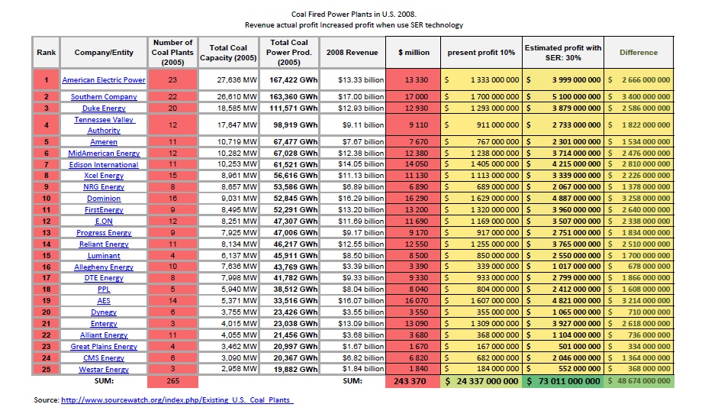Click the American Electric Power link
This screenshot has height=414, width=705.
104,79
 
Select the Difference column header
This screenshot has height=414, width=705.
639,52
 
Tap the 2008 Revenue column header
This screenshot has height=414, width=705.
352,52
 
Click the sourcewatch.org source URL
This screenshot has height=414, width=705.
177,399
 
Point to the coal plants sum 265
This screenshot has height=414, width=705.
172,380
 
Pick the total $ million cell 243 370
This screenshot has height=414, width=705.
410,381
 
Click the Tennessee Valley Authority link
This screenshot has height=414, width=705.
104,125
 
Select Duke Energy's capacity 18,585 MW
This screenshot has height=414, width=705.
237,108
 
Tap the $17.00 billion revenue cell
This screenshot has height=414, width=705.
361,96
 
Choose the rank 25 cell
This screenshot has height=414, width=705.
46,369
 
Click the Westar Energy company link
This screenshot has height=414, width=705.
104,369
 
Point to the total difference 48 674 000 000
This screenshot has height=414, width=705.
639,380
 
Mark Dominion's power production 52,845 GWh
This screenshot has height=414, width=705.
295,198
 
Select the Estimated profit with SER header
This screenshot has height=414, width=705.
563,52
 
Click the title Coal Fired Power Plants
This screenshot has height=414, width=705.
353,14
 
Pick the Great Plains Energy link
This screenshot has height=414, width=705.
104,346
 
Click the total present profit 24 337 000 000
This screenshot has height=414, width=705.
481,381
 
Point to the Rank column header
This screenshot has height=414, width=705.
47,52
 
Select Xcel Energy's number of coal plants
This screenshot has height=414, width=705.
172,176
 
